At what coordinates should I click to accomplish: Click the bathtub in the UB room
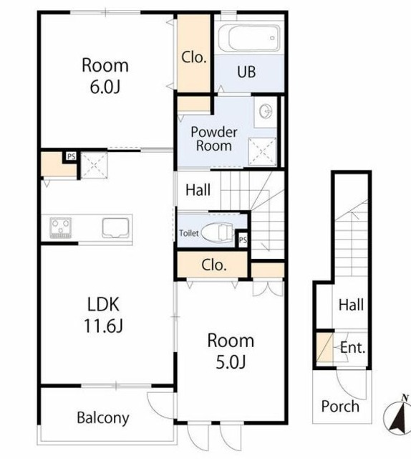tap(248, 38)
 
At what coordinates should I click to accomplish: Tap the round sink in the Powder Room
tap(266, 111)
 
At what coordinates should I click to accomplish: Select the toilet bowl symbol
tap(218, 233)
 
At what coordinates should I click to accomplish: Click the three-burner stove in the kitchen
tap(61, 227)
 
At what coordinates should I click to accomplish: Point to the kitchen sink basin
tap(115, 228)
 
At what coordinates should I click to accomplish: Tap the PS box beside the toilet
tap(243, 240)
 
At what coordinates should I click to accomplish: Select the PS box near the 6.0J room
tap(71, 156)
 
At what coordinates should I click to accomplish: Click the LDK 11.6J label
tap(104, 315)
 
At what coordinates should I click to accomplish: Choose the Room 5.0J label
tap(231, 351)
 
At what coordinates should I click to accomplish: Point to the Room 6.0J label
tap(105, 76)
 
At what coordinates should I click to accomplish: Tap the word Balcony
tap(103, 418)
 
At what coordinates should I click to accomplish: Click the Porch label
tap(340, 407)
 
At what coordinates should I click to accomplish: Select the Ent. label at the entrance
tap(353, 348)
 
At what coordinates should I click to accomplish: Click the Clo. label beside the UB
tap(194, 57)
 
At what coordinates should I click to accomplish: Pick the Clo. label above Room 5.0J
tap(214, 265)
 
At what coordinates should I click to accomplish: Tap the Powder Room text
tap(214, 139)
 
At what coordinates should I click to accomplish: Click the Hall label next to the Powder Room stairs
tap(198, 189)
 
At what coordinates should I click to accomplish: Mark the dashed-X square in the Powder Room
tap(262, 151)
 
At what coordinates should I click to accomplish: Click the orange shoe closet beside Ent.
tap(324, 347)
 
